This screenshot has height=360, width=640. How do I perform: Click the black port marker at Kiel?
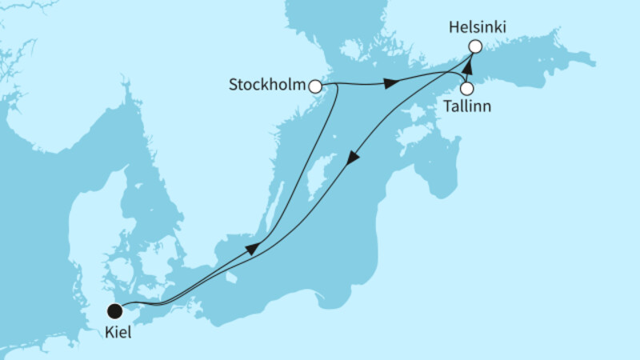click(115, 310)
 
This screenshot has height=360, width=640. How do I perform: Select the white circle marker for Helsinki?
click(474, 47)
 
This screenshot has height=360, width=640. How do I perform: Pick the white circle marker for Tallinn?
click(466, 88)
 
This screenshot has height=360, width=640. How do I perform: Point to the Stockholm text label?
click(268, 86)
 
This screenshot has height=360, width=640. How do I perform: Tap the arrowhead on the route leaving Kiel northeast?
click(252, 250)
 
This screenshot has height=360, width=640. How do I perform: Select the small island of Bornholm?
click(231, 277)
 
